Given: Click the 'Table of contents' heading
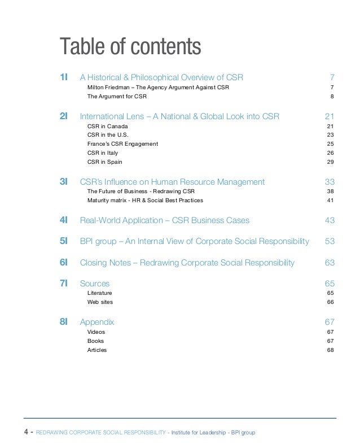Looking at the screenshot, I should click(x=130, y=47).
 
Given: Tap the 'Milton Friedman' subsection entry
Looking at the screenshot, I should click(x=158, y=88).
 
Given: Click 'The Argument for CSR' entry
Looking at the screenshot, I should click(x=117, y=97).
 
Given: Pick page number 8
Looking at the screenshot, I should click(x=332, y=97).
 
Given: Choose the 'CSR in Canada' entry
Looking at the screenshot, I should click(x=107, y=126).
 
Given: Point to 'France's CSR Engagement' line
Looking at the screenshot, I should click(x=122, y=144).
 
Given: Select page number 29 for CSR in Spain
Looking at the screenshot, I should click(x=331, y=162).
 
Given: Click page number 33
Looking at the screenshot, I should click(x=330, y=182).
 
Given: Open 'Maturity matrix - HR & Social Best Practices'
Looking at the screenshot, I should click(x=145, y=201).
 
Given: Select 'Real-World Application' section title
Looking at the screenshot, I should click(x=164, y=220).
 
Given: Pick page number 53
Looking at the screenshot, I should click(x=330, y=241).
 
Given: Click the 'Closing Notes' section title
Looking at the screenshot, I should click(x=187, y=263).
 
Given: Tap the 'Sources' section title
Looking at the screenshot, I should click(x=95, y=284).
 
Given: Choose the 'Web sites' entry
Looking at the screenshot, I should click(x=100, y=302).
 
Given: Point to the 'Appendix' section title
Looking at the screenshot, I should click(x=97, y=322).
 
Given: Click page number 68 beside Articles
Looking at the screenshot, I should click(x=331, y=350).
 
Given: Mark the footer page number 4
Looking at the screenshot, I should click(x=26, y=433).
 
